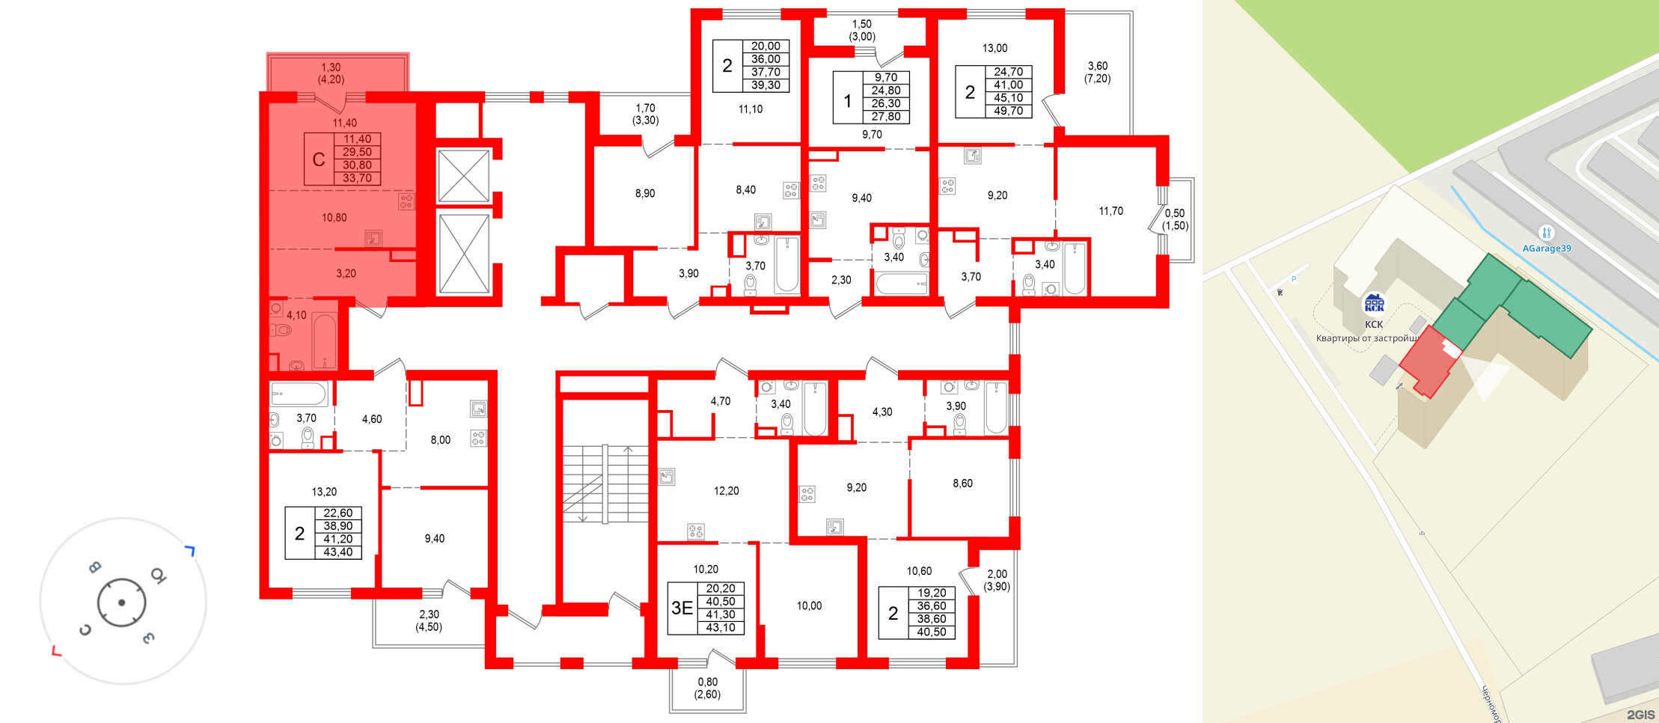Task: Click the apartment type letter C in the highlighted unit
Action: (319, 159)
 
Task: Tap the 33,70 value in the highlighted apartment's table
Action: (357, 178)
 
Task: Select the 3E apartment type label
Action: (682, 608)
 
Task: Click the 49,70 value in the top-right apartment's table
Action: (1008, 111)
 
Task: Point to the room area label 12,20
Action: (726, 491)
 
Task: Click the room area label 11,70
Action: (1110, 211)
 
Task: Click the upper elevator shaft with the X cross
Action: (463, 176)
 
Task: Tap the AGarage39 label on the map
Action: (1546, 248)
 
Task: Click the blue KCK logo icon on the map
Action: (1374, 303)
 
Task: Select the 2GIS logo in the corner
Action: (1640, 715)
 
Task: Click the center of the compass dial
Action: (121, 602)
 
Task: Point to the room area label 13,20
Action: (324, 492)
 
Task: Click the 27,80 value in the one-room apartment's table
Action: (885, 117)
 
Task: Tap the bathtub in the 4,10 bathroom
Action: (324, 341)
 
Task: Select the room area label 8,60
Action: (962, 483)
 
